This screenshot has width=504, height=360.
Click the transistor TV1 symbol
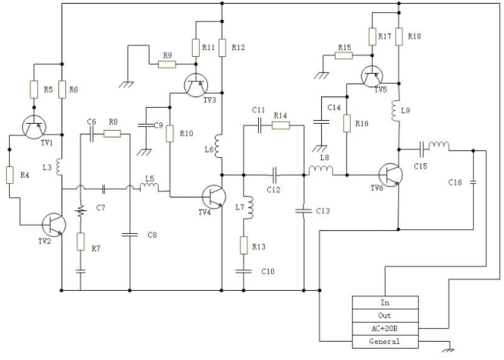coord(34,127)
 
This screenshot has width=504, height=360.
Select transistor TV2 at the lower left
coord(54,225)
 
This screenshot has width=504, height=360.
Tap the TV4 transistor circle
coord(214,197)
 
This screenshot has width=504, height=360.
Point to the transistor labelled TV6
coord(391,175)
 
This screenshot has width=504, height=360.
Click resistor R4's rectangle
coord(10,175)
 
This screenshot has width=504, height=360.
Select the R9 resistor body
coord(167,65)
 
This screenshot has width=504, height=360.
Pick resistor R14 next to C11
coord(281,125)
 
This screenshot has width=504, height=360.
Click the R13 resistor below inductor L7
coord(244,245)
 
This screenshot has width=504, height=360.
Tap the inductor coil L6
coord(219,147)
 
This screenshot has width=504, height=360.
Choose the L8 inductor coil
coord(321,170)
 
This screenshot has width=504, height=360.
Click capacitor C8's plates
coord(130,235)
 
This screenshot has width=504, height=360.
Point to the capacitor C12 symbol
coord(274,175)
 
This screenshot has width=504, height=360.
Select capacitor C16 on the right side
coord(473,182)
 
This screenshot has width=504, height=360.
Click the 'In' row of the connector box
coord(386,303)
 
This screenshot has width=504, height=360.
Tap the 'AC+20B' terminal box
coord(386,329)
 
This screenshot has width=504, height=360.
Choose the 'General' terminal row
coord(386,342)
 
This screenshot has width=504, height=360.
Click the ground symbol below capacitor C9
coord(144,153)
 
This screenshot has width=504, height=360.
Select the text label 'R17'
coord(385,36)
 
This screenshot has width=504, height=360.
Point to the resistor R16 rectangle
coord(346,124)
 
